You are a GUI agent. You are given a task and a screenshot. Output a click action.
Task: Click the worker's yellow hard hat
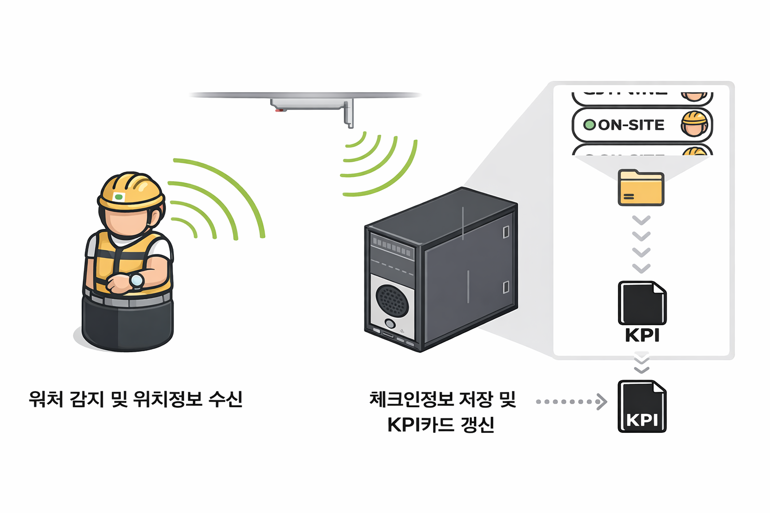click(131, 190)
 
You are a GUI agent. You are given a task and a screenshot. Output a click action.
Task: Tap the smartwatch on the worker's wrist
click(136, 280)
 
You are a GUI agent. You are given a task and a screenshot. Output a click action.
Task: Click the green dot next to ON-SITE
click(590, 125)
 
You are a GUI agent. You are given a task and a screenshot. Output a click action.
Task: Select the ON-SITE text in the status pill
click(631, 125)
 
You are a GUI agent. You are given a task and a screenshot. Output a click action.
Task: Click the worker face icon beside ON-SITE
click(694, 124)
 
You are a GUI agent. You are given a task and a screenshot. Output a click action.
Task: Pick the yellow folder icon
click(641, 188)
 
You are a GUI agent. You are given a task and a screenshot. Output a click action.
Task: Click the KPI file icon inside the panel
click(642, 304)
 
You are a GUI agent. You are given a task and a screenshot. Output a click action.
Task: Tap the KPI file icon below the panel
click(642, 406)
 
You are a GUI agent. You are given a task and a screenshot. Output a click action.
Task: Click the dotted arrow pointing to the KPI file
click(571, 401)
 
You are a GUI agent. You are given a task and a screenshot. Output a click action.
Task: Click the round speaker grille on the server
click(392, 301)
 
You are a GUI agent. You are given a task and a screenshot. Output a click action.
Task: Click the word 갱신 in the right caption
click(477, 425)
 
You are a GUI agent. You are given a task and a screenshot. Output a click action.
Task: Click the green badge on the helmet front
click(119, 197)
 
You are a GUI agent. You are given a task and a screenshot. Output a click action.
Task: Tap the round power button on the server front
click(390, 324)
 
